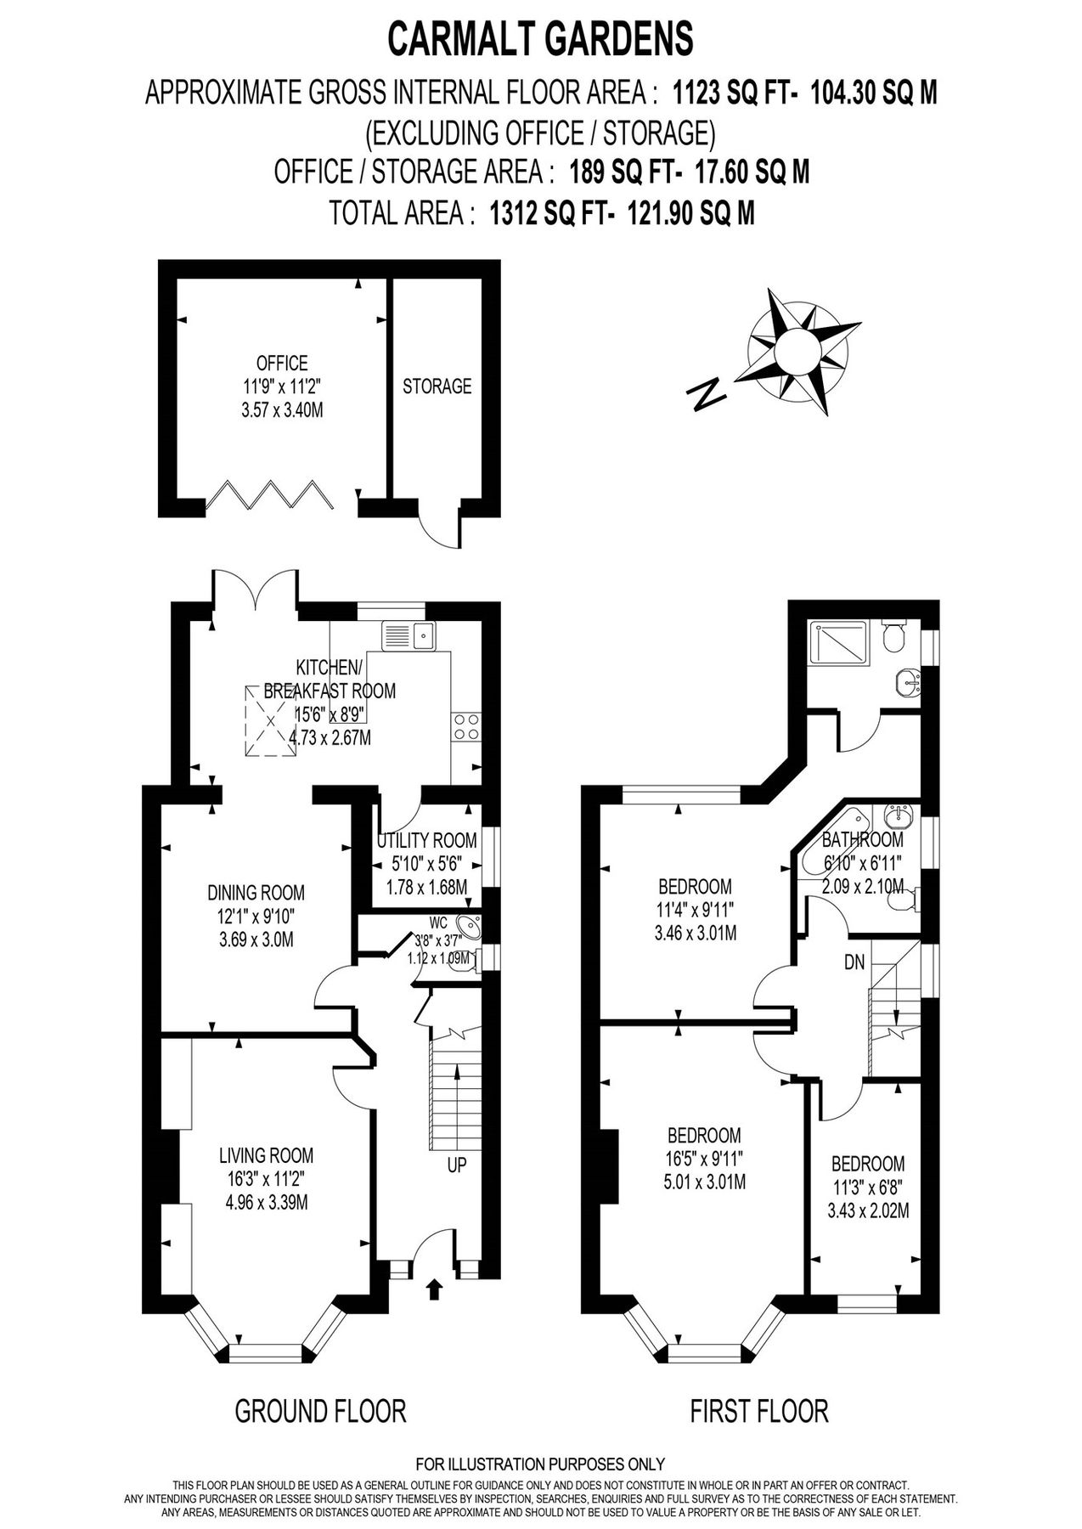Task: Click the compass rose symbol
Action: point(798,352)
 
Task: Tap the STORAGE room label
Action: point(437,386)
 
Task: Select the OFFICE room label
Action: point(282,364)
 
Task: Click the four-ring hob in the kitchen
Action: point(466,726)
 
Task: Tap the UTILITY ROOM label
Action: point(427,841)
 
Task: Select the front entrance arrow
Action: point(434,1289)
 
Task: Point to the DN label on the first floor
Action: point(854,963)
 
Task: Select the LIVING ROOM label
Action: point(266,1155)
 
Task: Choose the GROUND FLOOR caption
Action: point(320,1412)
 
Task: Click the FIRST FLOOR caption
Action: point(758,1412)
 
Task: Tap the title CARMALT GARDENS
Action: point(541,39)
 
